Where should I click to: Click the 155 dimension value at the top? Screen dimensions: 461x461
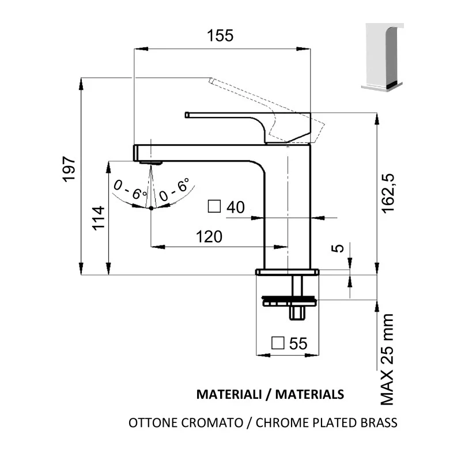[x=220, y=35]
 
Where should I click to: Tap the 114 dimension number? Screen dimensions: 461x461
[x=99, y=218]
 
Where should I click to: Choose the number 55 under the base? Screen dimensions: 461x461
[x=298, y=343]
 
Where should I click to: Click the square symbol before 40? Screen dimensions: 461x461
[x=214, y=206]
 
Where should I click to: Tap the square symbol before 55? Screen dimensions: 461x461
[x=278, y=343]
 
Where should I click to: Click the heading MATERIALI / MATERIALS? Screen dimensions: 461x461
[x=270, y=395]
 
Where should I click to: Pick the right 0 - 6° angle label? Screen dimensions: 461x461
[x=174, y=191]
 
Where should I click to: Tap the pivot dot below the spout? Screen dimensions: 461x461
[x=151, y=207]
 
